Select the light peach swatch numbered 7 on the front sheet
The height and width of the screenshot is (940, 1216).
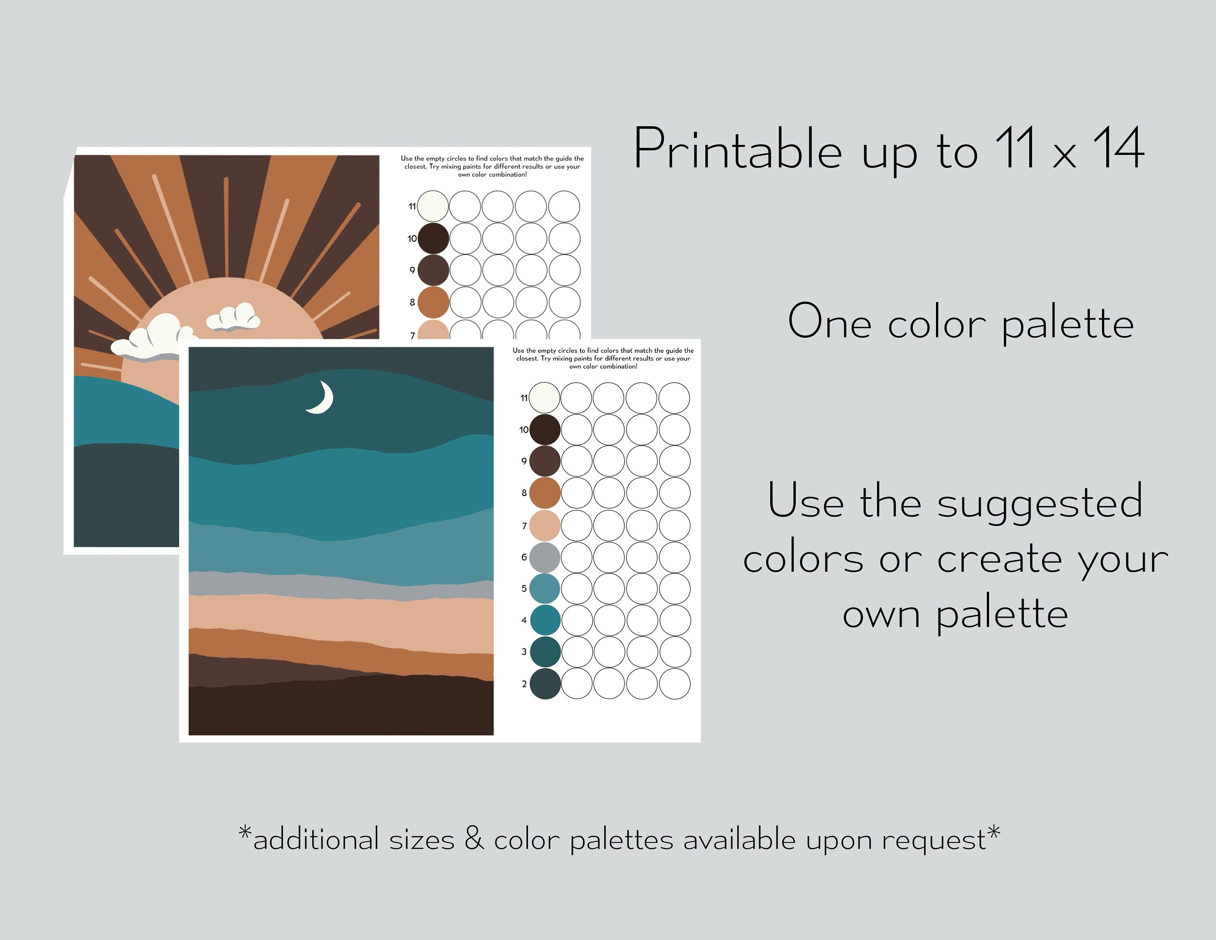544,526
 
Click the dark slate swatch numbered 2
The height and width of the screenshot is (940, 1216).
544,684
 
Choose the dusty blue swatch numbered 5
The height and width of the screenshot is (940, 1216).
544,588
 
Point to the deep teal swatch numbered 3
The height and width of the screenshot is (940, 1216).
544,652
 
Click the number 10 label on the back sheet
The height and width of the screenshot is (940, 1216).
411,239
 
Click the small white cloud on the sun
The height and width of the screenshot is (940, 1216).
234,318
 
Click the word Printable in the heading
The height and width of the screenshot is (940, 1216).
737,149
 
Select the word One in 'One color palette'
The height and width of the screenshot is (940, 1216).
829,322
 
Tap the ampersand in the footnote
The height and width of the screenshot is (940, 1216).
474,839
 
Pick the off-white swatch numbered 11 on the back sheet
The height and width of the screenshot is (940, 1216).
432,206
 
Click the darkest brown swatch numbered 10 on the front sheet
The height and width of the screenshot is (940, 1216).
544,429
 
